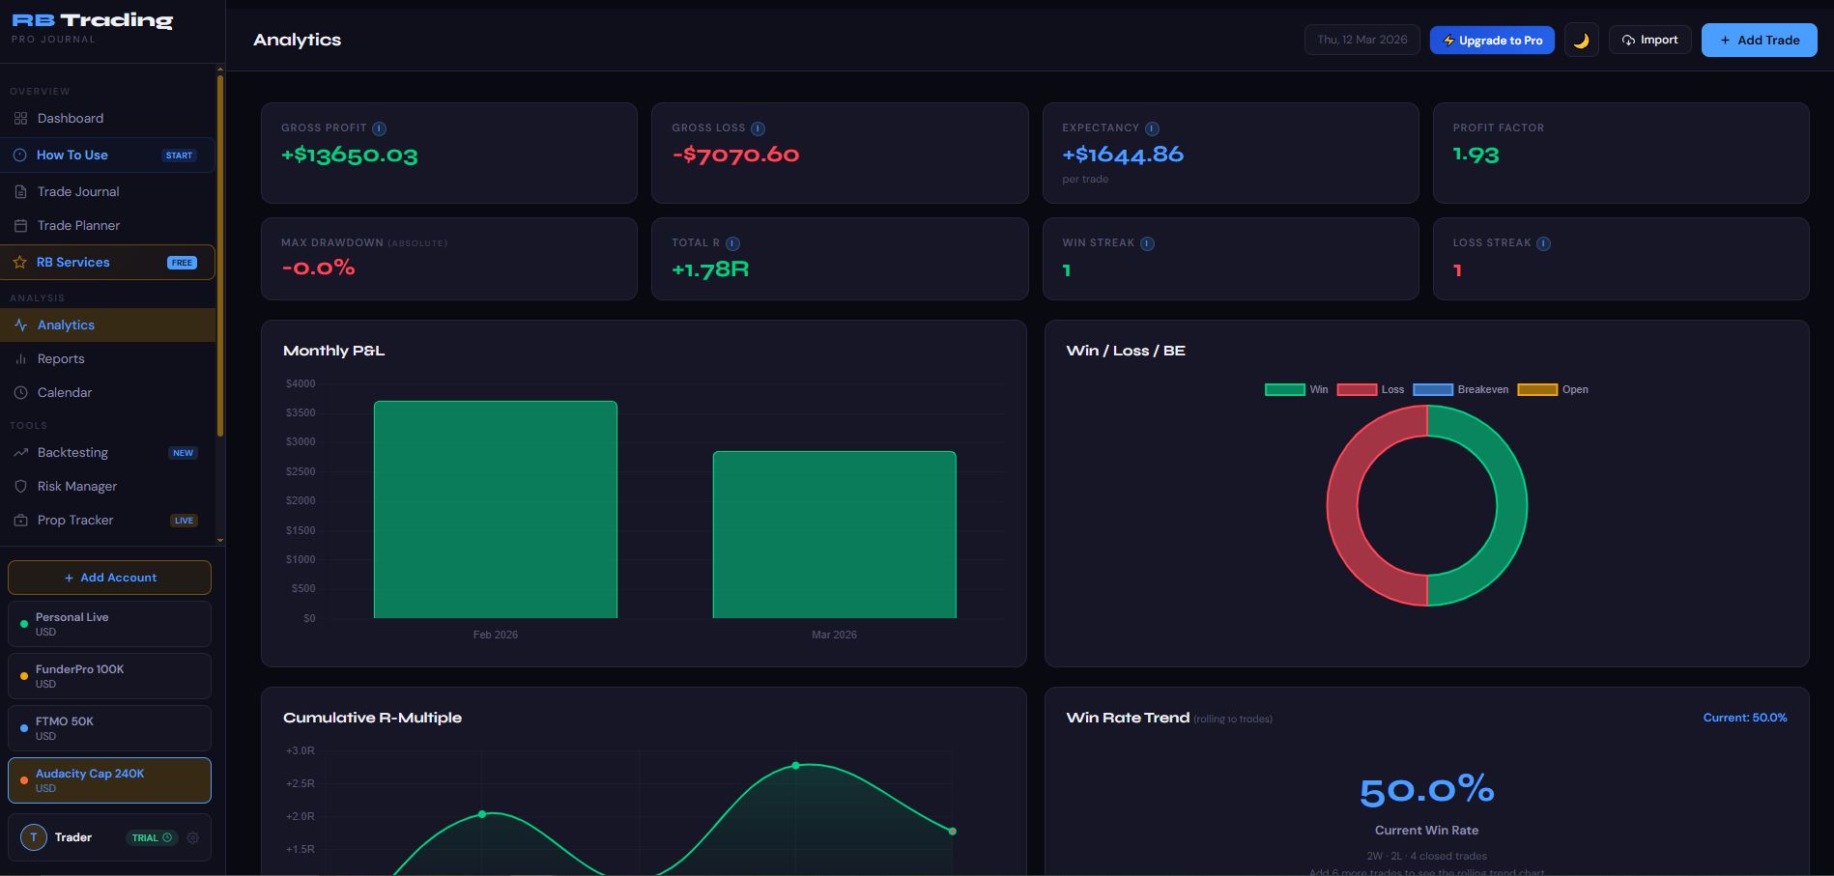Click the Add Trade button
click(x=1759, y=41)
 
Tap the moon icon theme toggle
click(x=1581, y=41)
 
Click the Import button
click(x=1649, y=40)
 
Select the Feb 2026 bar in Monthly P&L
click(x=495, y=509)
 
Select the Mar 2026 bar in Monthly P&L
click(x=834, y=534)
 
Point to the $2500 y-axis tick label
click(x=301, y=471)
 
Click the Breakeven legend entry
click(x=1460, y=389)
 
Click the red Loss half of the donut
click(x=1343, y=506)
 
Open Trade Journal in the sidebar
click(x=78, y=191)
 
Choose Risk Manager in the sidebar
click(x=76, y=486)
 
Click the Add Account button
click(x=109, y=578)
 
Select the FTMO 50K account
click(x=109, y=728)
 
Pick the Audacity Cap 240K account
click(x=109, y=780)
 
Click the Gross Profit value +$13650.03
click(x=349, y=155)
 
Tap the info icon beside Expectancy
click(x=1152, y=128)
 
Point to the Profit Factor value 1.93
click(x=1476, y=155)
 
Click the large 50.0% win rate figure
click(x=1426, y=791)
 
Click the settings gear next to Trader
click(x=193, y=837)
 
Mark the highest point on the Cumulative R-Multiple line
click(x=796, y=765)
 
